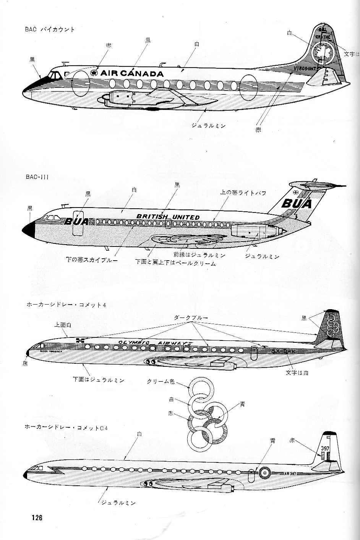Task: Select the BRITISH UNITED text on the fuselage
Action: (x=168, y=217)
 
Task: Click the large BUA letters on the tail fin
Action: (x=296, y=203)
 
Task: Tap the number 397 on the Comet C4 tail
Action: (x=326, y=448)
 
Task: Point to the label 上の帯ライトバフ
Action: (x=243, y=193)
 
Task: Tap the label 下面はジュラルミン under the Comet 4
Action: (x=99, y=380)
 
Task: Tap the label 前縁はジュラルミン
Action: (x=199, y=255)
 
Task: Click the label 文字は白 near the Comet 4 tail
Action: (x=297, y=372)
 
